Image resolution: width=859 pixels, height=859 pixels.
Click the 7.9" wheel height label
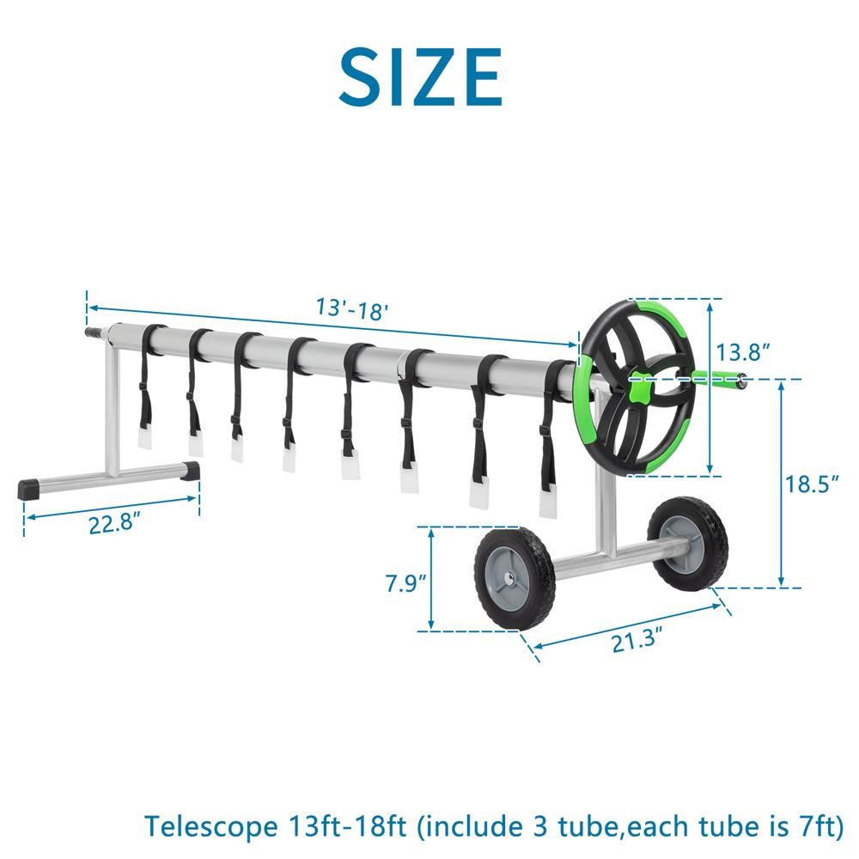(405, 583)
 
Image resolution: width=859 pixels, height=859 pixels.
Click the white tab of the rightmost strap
(547, 503)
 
